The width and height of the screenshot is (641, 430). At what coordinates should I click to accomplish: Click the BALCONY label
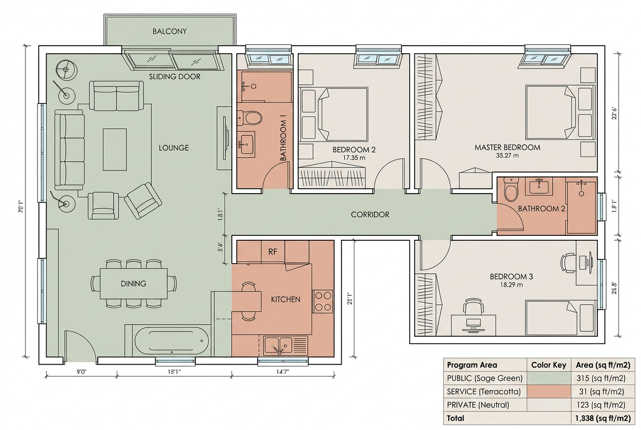169,31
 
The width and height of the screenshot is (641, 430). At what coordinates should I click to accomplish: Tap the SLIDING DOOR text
174,77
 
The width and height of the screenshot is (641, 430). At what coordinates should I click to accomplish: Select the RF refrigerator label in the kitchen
273,252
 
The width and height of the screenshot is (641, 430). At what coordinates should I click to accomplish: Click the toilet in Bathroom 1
250,118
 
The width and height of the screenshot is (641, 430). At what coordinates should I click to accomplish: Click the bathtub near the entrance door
171,341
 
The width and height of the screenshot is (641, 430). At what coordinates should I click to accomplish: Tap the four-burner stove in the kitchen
323,301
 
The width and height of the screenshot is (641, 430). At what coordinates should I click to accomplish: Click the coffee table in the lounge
115,150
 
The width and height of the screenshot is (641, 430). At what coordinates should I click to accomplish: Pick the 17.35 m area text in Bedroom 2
354,158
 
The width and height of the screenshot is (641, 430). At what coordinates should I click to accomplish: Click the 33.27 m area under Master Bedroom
507,156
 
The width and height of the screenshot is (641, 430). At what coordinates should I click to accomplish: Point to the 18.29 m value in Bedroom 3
511,284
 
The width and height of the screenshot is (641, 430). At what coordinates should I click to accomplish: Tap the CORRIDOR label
370,214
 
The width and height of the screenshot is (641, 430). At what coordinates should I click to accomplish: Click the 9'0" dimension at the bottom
81,372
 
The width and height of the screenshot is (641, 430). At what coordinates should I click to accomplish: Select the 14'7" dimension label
283,372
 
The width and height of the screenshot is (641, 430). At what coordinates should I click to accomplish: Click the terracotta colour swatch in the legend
549,391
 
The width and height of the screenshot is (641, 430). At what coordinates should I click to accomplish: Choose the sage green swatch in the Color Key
549,378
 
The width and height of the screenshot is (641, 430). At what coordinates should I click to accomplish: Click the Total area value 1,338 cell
603,418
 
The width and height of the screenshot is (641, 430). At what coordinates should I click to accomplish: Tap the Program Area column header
472,365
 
